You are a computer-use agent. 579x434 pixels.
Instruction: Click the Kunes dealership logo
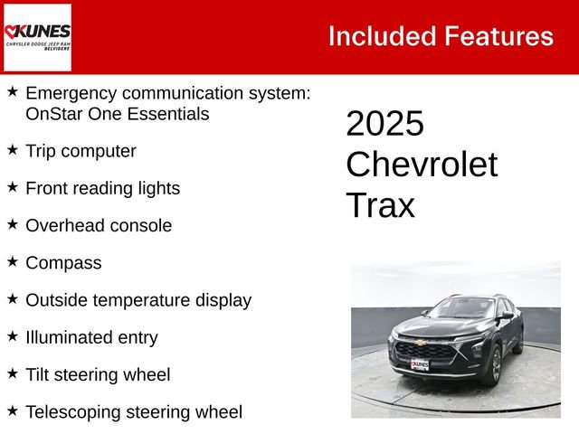(38, 37)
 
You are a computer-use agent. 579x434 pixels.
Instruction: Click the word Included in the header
(379, 36)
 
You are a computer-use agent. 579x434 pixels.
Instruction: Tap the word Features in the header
(499, 36)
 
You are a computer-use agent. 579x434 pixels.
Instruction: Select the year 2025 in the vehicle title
(384, 124)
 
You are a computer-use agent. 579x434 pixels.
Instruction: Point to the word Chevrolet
(422, 165)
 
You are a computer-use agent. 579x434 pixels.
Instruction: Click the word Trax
(380, 206)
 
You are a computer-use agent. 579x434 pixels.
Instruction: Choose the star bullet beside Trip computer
(13, 149)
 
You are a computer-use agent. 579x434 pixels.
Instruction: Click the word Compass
(63, 263)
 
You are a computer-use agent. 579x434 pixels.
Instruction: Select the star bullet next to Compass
(13, 261)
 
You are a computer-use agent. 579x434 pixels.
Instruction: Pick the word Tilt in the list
(40, 374)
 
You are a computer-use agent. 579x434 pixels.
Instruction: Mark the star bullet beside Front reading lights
(13, 186)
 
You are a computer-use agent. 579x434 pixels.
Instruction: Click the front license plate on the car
(420, 365)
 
